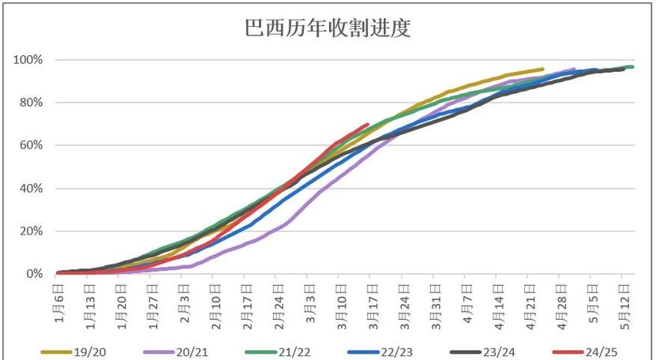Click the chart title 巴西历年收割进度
click(x=327, y=29)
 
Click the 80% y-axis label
click(x=34, y=103)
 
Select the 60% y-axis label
click(x=34, y=145)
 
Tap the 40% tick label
click(x=34, y=189)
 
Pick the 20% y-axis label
click(x=34, y=231)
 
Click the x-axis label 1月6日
click(x=58, y=300)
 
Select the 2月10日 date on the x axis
click(x=215, y=301)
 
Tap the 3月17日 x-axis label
click(x=372, y=301)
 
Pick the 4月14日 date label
click(x=497, y=301)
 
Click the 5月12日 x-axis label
click(x=623, y=301)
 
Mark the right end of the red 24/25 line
click(x=368, y=124)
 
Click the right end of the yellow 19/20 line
click(x=542, y=69)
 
